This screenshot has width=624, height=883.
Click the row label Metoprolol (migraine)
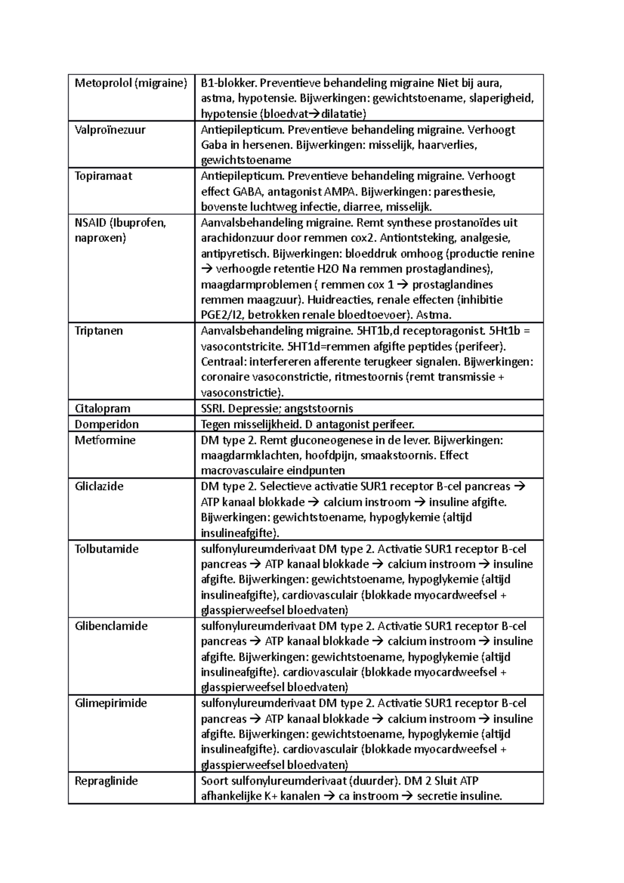click(x=131, y=83)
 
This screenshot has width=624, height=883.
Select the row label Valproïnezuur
click(x=110, y=130)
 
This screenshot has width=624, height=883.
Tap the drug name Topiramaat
click(x=103, y=176)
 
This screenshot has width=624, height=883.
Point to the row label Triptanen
click(x=99, y=331)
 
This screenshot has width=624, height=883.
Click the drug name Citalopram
click(x=102, y=409)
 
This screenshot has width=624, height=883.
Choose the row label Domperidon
click(x=107, y=424)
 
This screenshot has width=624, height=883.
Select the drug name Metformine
click(x=105, y=440)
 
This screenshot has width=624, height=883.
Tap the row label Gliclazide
click(x=99, y=487)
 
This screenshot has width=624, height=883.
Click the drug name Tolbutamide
click(x=107, y=549)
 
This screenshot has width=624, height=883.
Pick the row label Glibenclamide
click(x=111, y=626)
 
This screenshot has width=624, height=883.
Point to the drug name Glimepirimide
click(x=111, y=704)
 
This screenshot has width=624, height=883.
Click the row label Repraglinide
click(x=106, y=781)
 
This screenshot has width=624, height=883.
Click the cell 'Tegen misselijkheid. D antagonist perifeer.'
click(x=307, y=424)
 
